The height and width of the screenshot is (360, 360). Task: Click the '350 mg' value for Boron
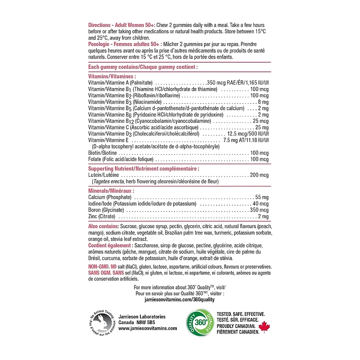[259, 210]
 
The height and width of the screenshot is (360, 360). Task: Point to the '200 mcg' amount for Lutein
[259, 175]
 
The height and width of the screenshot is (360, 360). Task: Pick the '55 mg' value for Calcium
[261, 198]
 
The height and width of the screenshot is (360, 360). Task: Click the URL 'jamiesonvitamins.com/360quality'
[180, 299]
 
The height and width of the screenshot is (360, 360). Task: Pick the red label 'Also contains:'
[103, 226]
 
